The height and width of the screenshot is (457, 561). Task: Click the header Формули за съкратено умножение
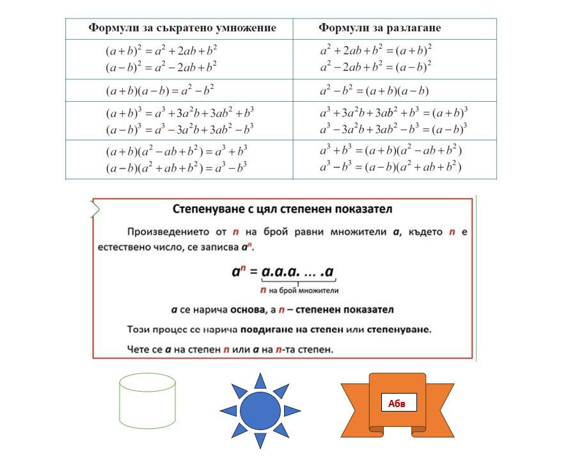click(182, 28)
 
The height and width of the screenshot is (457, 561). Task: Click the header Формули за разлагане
click(379, 28)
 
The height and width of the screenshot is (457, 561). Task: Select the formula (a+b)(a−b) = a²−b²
click(160, 90)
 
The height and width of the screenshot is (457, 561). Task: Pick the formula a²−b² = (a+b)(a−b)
click(374, 90)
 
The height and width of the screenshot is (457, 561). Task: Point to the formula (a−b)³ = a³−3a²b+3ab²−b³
click(180, 129)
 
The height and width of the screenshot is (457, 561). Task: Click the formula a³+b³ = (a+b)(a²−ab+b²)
click(390, 151)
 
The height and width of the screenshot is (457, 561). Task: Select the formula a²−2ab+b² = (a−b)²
click(375, 65)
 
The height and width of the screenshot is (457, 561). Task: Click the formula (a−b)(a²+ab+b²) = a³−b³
click(176, 168)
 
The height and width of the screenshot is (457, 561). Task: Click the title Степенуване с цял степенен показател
click(283, 209)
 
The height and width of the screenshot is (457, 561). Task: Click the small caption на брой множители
click(304, 291)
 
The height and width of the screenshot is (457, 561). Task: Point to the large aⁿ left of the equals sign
click(239, 271)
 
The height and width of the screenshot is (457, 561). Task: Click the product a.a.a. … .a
click(298, 271)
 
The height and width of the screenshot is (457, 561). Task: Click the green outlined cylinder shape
click(147, 401)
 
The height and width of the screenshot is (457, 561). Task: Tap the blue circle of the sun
click(260, 410)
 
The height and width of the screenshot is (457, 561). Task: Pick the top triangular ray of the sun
click(260, 381)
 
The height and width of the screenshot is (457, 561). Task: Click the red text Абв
click(397, 403)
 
